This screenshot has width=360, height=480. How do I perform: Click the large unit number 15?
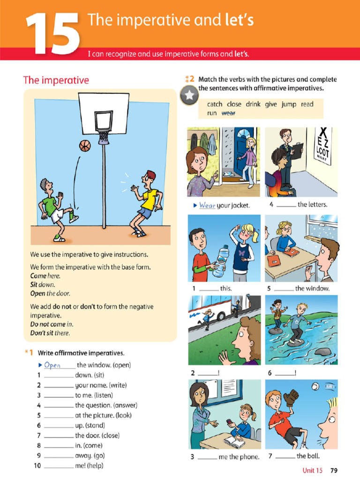coord(52,33)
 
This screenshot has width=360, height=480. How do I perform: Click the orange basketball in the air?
coord(84,146)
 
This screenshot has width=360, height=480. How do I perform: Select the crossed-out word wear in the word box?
coord(228,113)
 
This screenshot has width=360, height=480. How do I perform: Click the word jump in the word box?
coord(289,104)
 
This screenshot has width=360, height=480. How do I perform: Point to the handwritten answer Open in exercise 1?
coord(52,365)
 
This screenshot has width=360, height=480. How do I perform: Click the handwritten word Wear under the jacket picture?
coord(207,205)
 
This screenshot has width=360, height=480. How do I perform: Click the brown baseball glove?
coord(291,398)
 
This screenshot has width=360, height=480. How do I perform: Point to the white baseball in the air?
coord(315,387)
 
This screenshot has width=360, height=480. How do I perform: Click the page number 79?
coord(334,471)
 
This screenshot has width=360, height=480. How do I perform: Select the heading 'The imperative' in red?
coord(56,80)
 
